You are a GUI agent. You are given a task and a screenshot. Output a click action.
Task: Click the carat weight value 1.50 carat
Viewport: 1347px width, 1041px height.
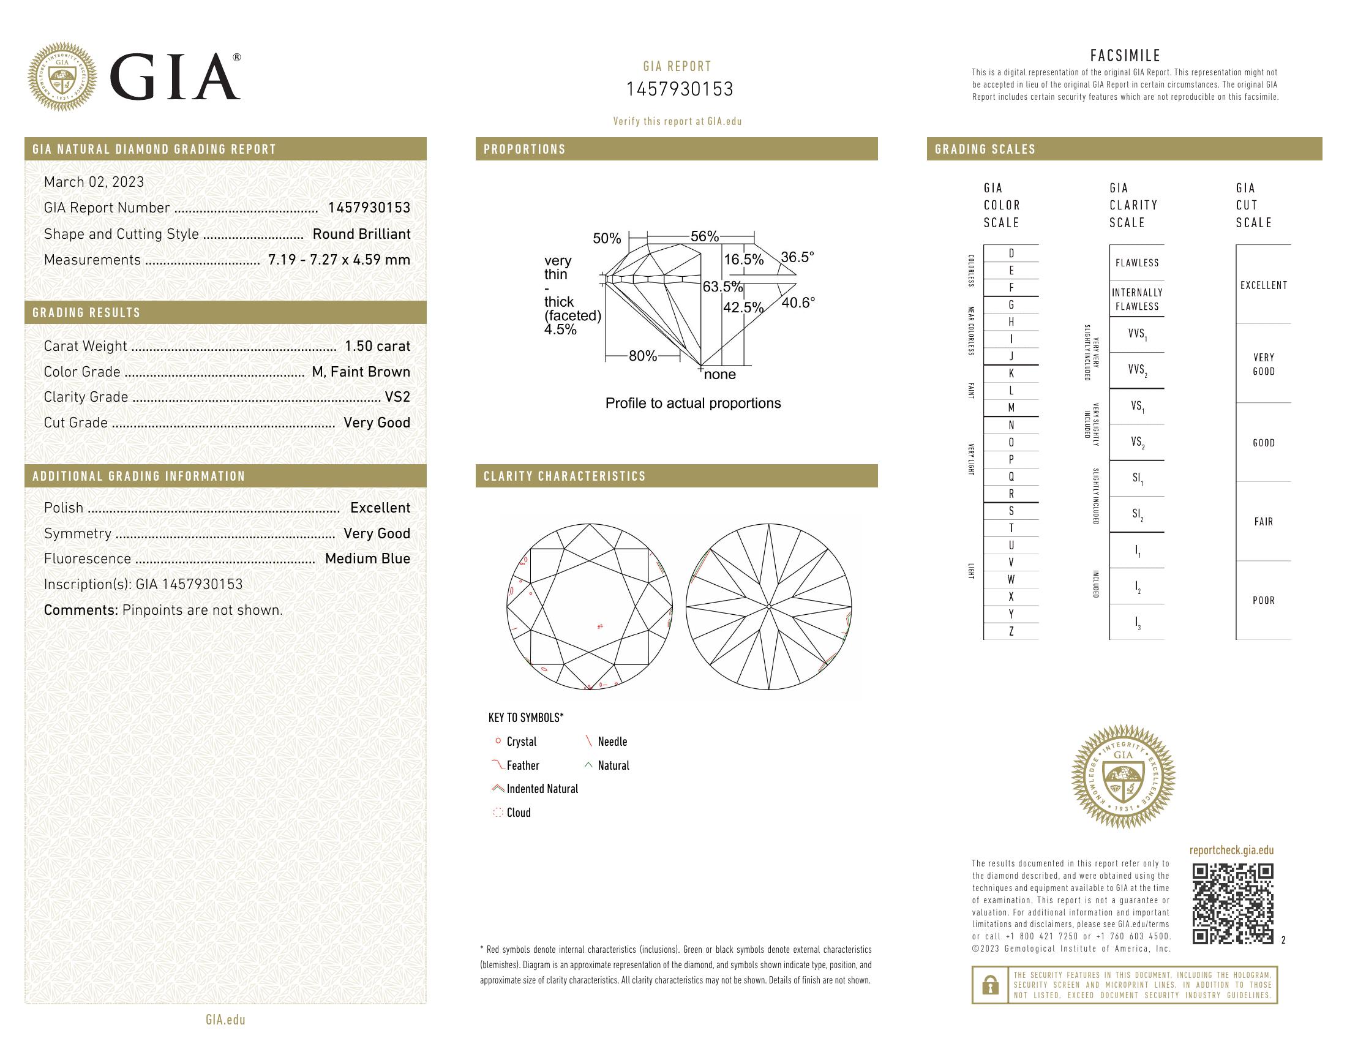(x=377, y=346)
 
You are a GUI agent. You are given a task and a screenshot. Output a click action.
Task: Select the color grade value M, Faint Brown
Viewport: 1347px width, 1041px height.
(x=361, y=372)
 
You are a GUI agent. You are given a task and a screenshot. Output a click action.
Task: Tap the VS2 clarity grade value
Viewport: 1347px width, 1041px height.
(x=397, y=397)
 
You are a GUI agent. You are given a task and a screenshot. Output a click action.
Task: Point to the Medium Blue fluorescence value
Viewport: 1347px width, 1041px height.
(x=367, y=558)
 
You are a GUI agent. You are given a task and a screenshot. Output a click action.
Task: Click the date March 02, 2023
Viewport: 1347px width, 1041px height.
(x=94, y=182)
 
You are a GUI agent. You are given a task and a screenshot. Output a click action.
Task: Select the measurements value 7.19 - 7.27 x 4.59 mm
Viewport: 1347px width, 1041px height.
(x=339, y=260)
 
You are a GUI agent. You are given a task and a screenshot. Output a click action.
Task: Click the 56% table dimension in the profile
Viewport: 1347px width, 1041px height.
(x=704, y=236)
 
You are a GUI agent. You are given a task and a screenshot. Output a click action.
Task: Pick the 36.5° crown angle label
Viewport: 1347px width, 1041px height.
(x=797, y=257)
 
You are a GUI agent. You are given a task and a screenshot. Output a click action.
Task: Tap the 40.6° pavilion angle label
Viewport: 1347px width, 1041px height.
(x=797, y=303)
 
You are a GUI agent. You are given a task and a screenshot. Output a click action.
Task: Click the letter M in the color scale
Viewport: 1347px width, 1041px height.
(x=1011, y=408)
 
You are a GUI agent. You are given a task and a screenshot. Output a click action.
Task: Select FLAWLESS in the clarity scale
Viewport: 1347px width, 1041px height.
(x=1137, y=263)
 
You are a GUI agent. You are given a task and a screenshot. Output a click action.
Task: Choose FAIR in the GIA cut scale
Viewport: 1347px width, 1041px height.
(x=1263, y=522)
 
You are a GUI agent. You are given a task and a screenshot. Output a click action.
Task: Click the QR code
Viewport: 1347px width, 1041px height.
(x=1233, y=903)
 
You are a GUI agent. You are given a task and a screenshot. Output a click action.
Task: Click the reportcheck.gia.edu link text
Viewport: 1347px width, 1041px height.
(x=1231, y=851)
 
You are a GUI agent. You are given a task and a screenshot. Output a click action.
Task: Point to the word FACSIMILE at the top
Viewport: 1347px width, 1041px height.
(x=1125, y=56)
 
